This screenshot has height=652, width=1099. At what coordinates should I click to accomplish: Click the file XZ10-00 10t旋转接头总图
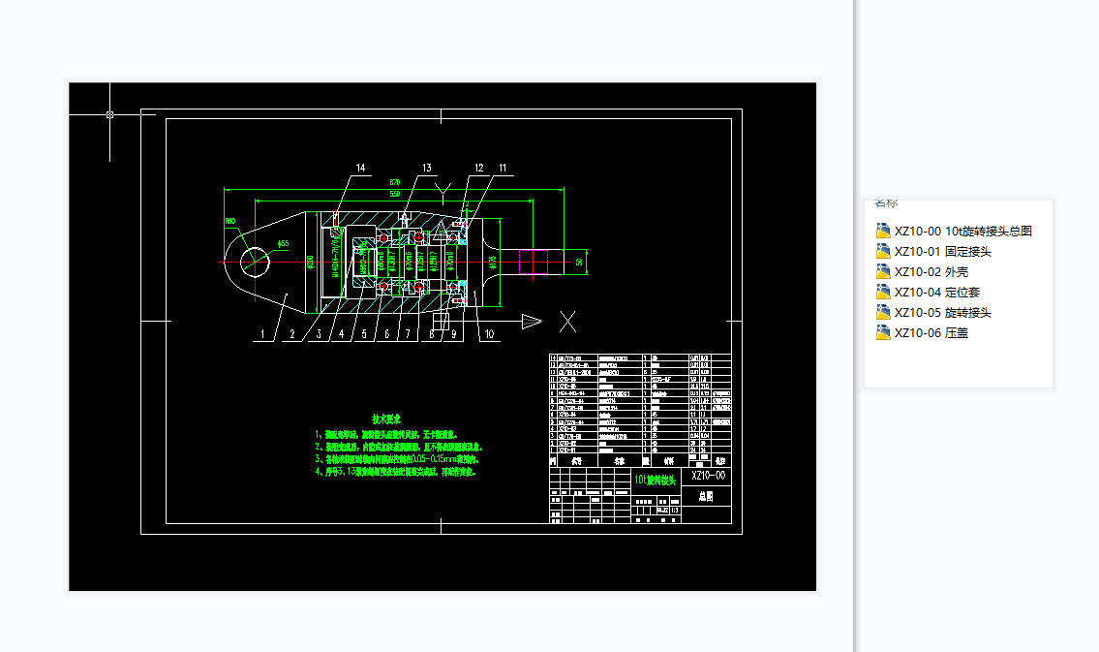tap(962, 231)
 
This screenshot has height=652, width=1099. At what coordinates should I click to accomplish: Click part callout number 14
tap(360, 169)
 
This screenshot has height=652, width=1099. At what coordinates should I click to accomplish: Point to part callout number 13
tap(425, 169)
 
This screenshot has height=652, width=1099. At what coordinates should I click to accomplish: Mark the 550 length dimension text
tap(395, 195)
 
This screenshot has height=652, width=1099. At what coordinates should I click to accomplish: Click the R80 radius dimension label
tap(230, 221)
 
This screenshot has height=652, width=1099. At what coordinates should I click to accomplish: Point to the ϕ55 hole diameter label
tap(282, 243)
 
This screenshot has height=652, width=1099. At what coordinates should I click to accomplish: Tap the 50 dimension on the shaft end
tap(579, 262)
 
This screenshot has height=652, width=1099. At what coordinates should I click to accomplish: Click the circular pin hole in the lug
tap(254, 261)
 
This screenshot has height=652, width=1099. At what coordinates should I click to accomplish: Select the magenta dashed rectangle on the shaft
tap(534, 263)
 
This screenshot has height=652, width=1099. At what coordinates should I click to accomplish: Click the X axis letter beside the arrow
tap(568, 321)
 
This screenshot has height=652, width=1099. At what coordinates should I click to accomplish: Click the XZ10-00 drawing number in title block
tap(707, 476)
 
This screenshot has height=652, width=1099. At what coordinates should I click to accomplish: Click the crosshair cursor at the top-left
tap(109, 114)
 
